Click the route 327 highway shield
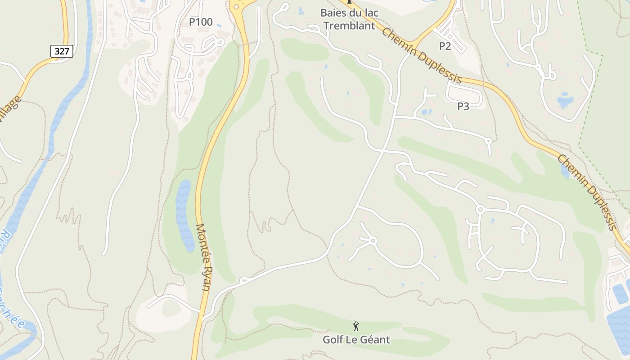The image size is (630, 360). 62,51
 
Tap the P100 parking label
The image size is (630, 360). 201,22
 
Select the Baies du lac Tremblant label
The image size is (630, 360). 349,19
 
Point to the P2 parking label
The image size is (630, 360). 445,46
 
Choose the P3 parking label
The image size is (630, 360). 463,107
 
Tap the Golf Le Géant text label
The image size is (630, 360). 356,340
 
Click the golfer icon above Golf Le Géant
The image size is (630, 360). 356,326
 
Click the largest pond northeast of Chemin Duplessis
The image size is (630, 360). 565,101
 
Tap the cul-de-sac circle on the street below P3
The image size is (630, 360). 489,141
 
